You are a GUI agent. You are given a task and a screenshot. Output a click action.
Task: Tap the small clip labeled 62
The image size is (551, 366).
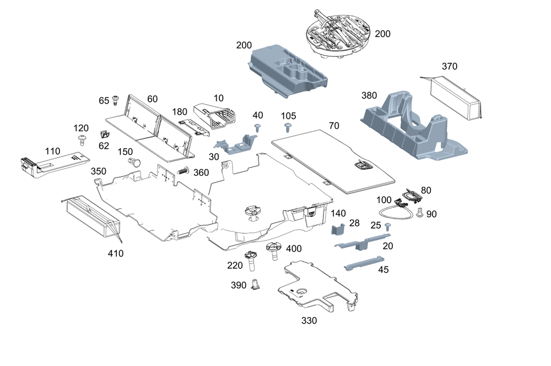[x=104, y=134]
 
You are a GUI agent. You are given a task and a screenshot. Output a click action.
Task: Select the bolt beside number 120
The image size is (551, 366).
[x=82, y=140]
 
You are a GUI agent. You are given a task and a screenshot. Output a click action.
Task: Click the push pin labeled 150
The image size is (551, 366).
[x=134, y=163]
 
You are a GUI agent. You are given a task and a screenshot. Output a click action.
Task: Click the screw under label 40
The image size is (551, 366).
[x=258, y=127]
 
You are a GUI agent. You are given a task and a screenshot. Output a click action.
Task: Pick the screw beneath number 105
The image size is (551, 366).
[x=288, y=127]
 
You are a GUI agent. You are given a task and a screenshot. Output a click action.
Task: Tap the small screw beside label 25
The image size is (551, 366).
[x=387, y=227]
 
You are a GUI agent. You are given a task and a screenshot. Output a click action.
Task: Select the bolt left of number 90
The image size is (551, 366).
[x=419, y=212]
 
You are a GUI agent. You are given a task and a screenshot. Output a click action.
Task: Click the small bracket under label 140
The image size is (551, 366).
[x=338, y=229]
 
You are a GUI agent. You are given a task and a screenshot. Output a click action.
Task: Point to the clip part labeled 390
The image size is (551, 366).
[x=255, y=284]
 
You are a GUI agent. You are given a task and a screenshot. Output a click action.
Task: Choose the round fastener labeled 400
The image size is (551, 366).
[x=274, y=251]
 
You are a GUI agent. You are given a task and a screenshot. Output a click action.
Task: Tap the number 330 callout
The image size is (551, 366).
[x=309, y=320]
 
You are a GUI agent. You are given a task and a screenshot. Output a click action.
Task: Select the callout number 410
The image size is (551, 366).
[x=116, y=253]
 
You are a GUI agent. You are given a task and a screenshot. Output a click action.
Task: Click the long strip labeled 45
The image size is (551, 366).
[x=364, y=263]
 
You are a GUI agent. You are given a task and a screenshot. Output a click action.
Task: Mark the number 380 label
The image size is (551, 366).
[x=369, y=95]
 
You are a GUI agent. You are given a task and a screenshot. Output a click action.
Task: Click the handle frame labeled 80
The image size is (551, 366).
[x=411, y=195]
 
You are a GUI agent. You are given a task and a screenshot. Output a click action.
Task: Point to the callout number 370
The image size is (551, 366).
[x=450, y=66]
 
